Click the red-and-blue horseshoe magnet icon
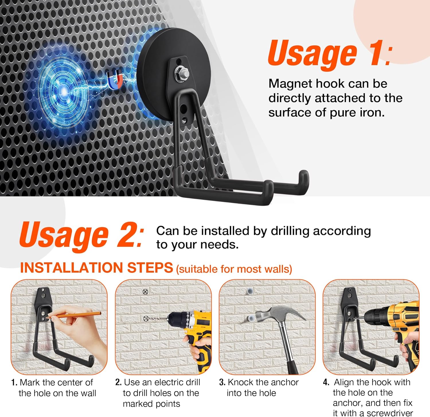pos(115,79)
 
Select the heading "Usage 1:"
pos(330,53)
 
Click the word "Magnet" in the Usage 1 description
pos(290,84)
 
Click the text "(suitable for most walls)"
pos(234,269)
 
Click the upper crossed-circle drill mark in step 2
pos(145,292)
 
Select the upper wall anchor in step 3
pos(250,291)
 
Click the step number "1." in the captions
pos(14,383)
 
